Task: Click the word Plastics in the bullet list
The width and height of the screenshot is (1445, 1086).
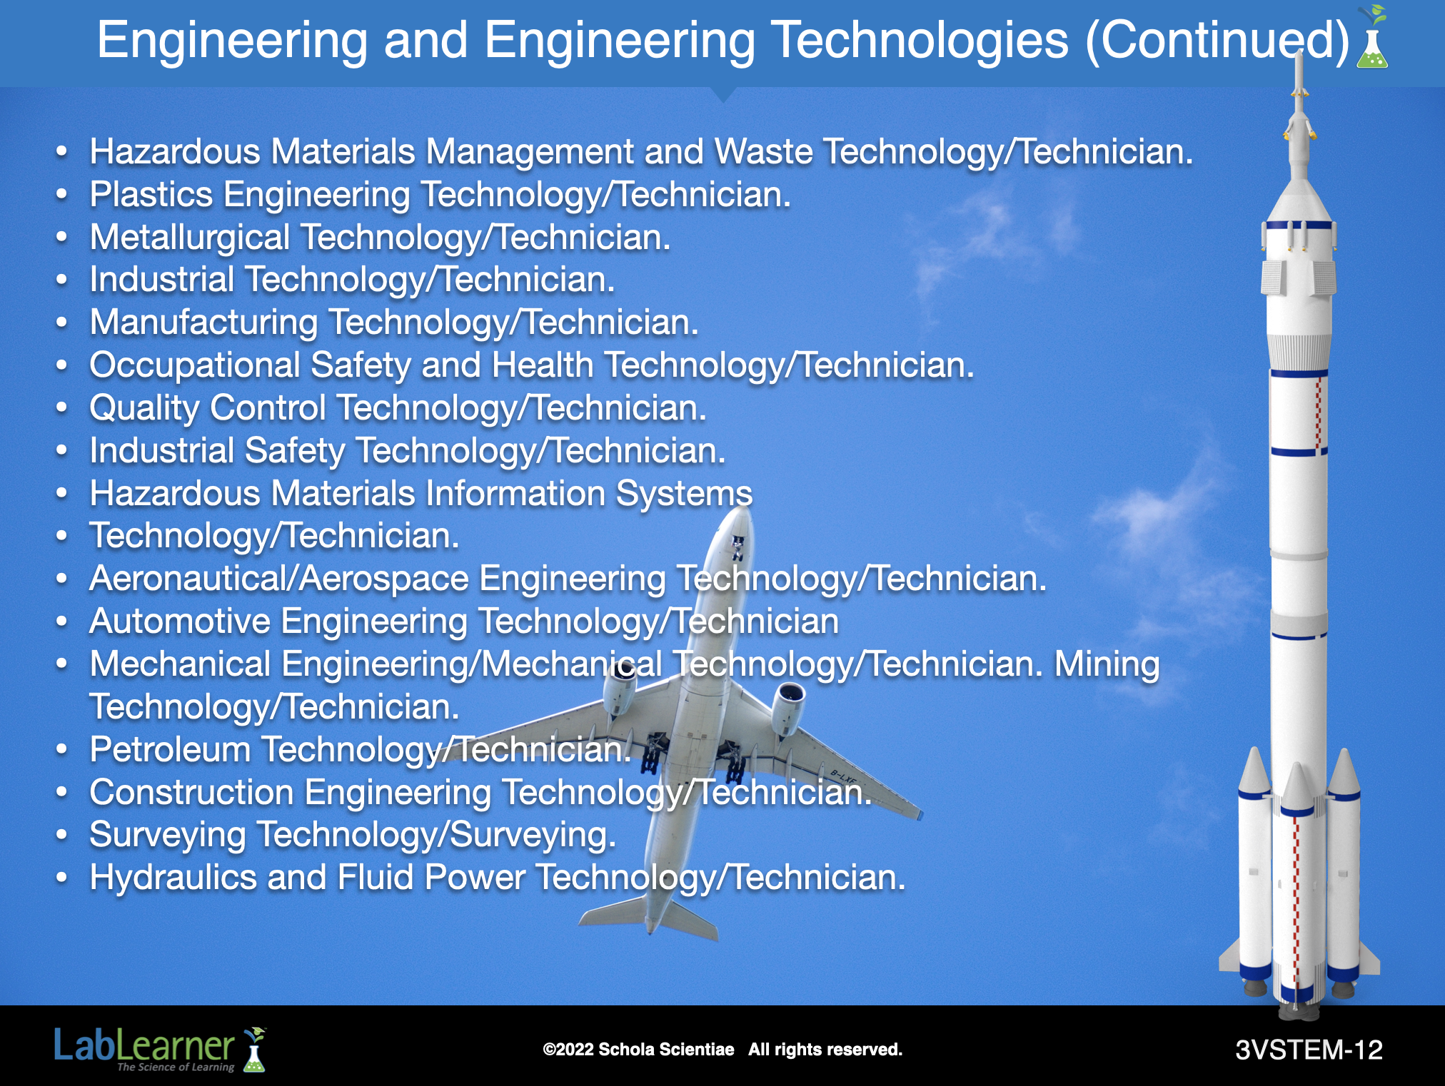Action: [x=151, y=195]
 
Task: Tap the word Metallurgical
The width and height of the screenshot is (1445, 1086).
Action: [x=190, y=238]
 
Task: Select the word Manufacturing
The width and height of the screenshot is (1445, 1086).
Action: [x=203, y=323]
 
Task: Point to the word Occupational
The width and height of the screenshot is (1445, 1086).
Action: [x=195, y=366]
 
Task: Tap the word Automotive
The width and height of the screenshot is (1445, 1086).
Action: [x=180, y=621]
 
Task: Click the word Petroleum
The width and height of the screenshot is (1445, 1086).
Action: [x=170, y=749]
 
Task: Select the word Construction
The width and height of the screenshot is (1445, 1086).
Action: [x=191, y=792]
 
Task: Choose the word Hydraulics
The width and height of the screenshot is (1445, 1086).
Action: [x=173, y=878]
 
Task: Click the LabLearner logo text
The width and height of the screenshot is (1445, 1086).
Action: [x=144, y=1047]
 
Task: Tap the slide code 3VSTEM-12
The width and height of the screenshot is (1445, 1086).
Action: [x=1309, y=1050]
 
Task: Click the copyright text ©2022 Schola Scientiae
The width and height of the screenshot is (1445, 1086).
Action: [x=638, y=1050]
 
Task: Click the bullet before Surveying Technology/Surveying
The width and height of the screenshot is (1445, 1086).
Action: [x=62, y=835]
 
